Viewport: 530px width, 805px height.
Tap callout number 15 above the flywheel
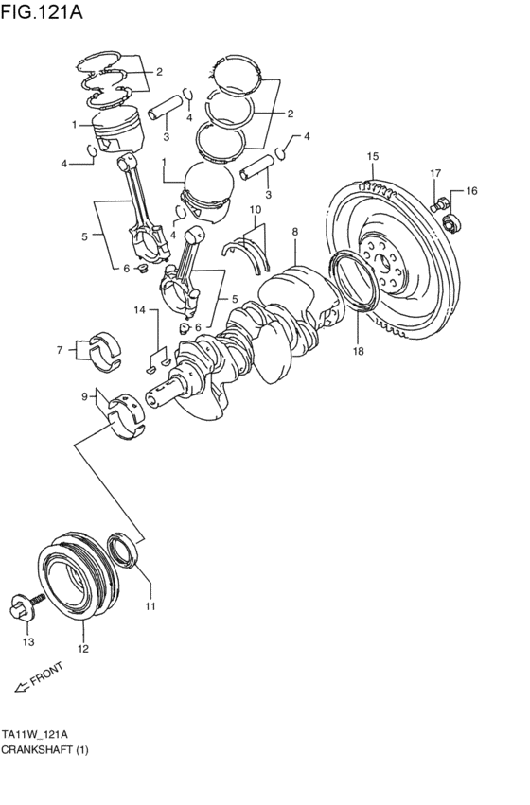coord(373,156)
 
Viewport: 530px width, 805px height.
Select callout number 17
coord(435,173)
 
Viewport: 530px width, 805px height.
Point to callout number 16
coord(471,190)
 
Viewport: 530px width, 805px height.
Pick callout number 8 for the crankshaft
coord(295,231)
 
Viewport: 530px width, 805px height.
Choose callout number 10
coord(255,209)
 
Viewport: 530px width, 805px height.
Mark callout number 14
coord(139,310)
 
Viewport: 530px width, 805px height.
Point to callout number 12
coord(83,649)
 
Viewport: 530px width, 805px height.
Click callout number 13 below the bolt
coord(27,642)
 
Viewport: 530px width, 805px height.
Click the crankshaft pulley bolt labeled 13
coord(26,605)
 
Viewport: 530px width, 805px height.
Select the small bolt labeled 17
coord(440,201)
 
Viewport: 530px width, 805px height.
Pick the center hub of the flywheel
coord(387,264)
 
